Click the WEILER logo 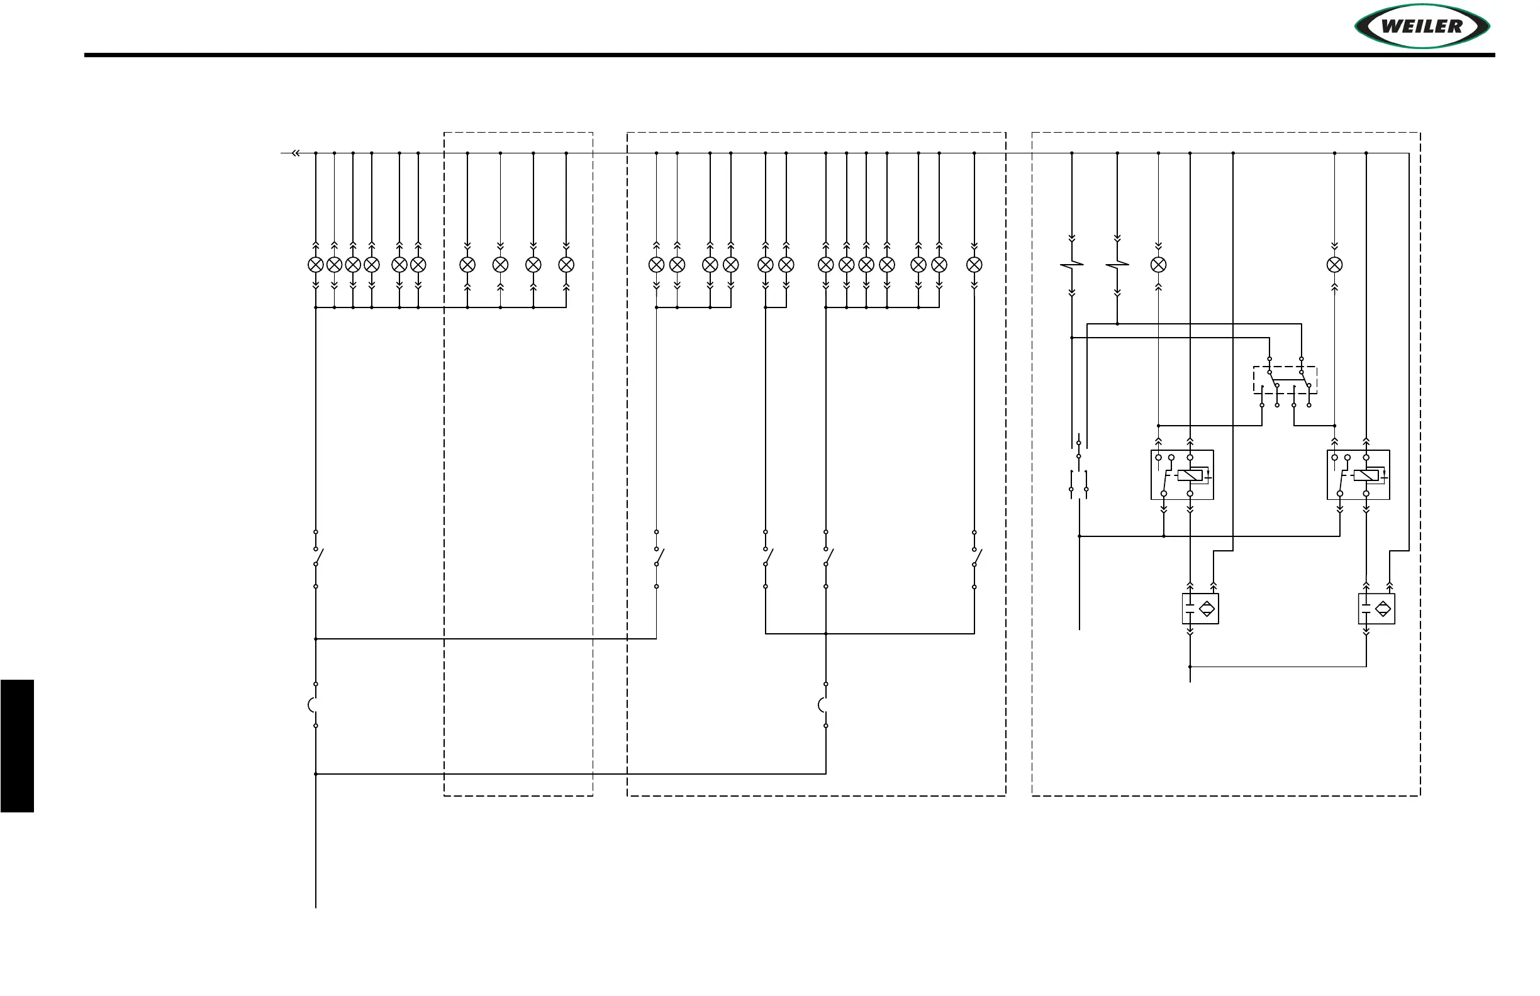pos(1422,26)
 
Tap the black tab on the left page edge pos(17,745)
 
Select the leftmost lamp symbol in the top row pos(315,265)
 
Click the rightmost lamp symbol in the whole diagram pos(1334,265)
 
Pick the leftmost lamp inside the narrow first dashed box pos(467,265)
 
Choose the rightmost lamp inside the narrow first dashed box pos(566,265)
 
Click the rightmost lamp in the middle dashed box pos(974,265)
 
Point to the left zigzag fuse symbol pos(1071,265)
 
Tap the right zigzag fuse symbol pos(1117,265)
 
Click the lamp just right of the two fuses pos(1158,265)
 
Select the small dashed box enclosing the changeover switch pos(1285,380)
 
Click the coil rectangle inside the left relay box pos(1190,475)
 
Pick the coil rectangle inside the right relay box pos(1365,475)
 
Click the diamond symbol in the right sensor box pos(1383,609)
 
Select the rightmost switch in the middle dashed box pos(975,558)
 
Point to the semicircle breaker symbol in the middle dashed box pos(823,704)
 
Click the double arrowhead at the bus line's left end pos(296,153)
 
